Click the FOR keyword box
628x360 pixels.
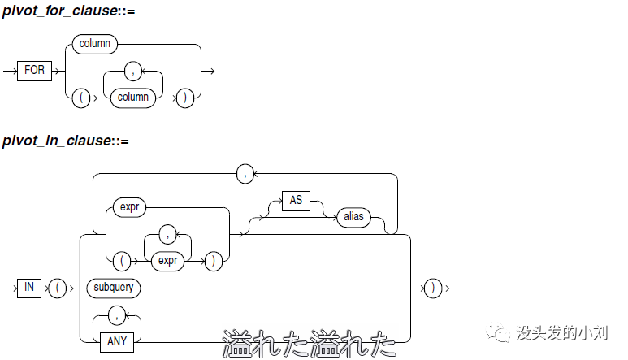[35, 71]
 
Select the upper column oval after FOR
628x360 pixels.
[95, 44]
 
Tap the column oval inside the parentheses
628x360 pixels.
[134, 97]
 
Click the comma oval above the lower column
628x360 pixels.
[134, 71]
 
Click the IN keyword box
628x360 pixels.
[28, 288]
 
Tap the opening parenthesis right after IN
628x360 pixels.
[58, 288]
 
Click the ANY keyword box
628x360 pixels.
[117, 341]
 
